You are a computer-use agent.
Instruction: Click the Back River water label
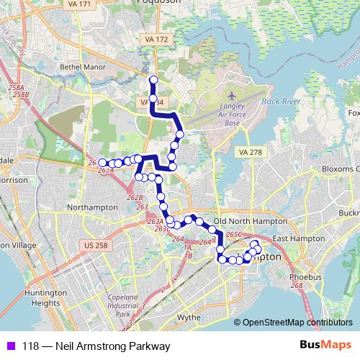pos(282,102)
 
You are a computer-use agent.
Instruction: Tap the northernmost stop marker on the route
pos(153,79)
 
